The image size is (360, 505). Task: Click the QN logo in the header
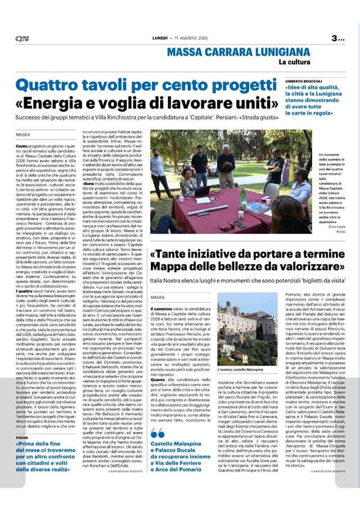22,38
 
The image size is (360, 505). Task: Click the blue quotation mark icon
157,432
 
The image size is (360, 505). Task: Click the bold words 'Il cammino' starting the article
160,309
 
